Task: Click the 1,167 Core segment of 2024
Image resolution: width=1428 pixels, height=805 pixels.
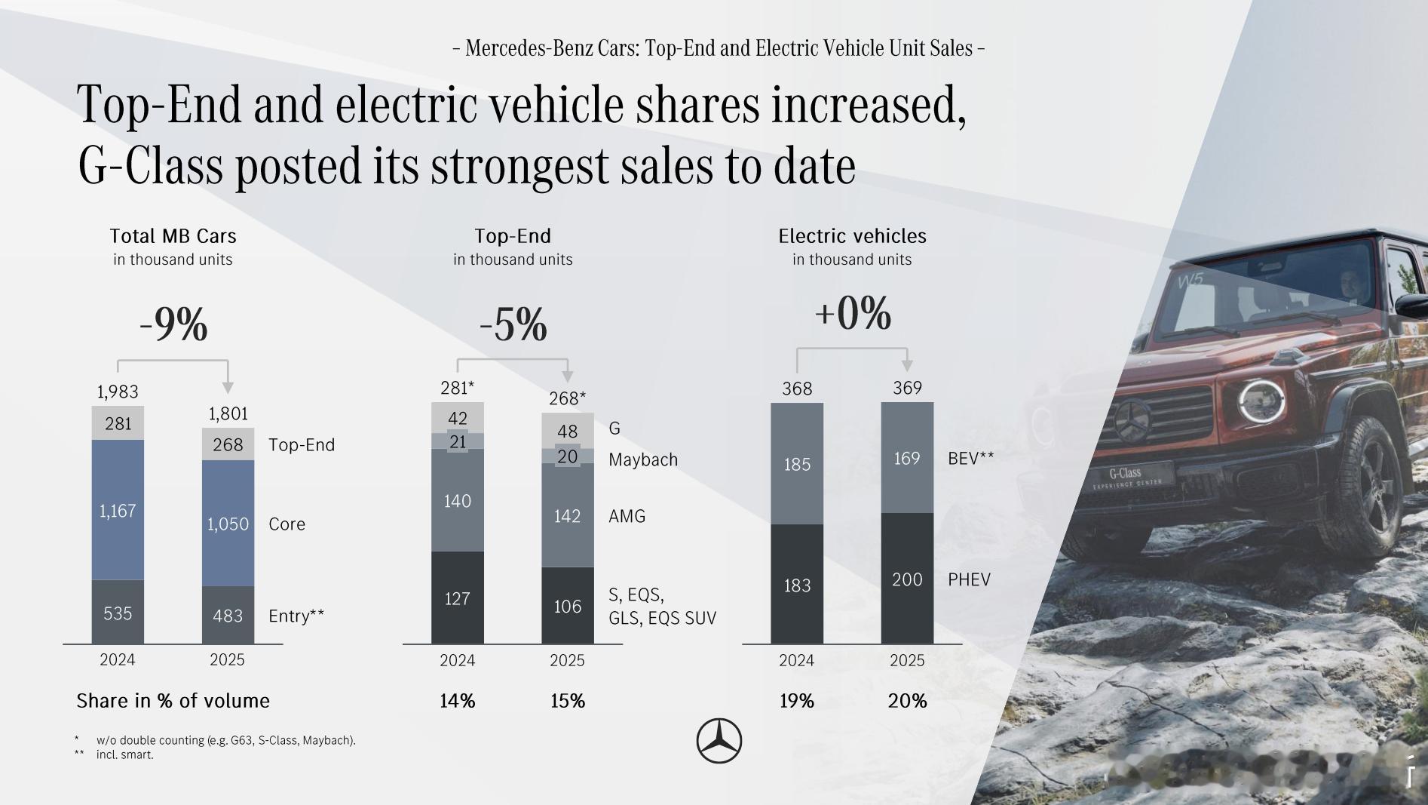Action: [118, 511]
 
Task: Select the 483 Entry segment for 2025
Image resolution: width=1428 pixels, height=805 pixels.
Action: [228, 615]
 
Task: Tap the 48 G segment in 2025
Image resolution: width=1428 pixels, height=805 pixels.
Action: [567, 431]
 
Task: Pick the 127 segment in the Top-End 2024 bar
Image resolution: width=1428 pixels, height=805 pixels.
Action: [458, 598]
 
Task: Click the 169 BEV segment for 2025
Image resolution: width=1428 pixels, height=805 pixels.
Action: [907, 458]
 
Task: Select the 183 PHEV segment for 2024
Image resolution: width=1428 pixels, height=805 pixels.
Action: [797, 585]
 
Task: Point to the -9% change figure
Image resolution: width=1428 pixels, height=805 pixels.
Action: [173, 325]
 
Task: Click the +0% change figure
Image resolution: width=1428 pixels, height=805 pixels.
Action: [853, 314]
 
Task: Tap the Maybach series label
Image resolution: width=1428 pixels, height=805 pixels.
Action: [643, 459]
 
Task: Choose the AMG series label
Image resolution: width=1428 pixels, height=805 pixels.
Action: [627, 516]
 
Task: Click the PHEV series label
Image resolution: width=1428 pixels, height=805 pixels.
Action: [969, 579]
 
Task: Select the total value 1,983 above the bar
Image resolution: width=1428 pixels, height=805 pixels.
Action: [118, 392]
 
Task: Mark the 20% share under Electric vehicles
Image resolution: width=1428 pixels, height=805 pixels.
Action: [907, 701]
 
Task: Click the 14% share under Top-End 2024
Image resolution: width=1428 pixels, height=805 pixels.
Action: [458, 701]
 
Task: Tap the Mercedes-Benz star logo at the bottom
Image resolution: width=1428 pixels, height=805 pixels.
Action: [719, 740]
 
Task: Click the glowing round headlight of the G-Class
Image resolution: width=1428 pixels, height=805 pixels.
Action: [1260, 400]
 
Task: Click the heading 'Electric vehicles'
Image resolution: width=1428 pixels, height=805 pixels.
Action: [852, 236]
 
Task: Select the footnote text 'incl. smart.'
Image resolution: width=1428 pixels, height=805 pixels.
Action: [124, 754]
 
